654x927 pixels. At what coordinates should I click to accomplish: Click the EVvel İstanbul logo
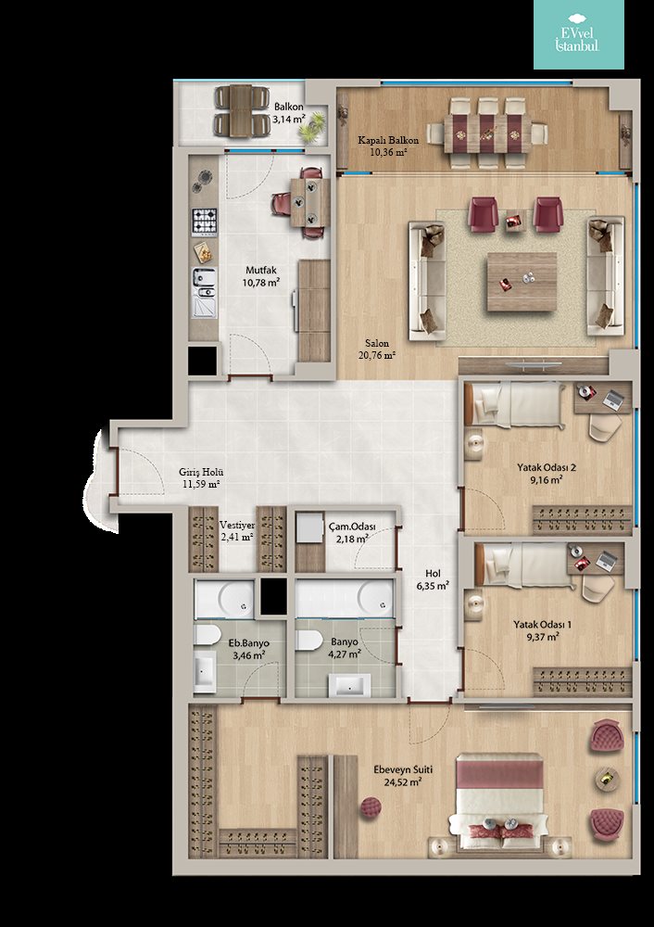pos(578,34)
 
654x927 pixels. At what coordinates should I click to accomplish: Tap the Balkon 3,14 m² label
pos(288,113)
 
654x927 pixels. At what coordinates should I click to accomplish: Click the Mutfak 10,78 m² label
pos(260,276)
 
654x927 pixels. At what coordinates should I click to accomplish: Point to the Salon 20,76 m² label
pos(376,349)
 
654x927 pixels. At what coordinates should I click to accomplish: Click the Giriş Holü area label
pos(201,478)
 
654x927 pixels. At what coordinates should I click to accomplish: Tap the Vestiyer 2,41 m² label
pos(236,531)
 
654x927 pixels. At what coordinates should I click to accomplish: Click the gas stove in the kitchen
pos(204,222)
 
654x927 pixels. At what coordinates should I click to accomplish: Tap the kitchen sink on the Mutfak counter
pos(204,292)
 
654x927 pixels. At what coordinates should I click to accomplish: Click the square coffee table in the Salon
pos(522,282)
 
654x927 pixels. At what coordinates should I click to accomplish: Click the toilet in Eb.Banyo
pos(207,636)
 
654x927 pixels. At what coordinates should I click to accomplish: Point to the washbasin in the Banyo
pos(350,685)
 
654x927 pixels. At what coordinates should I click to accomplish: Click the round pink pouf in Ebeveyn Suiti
pos(371,807)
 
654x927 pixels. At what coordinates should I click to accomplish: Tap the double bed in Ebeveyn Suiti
pos(500,802)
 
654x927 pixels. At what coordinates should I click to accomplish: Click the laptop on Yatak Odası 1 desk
pos(606,561)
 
